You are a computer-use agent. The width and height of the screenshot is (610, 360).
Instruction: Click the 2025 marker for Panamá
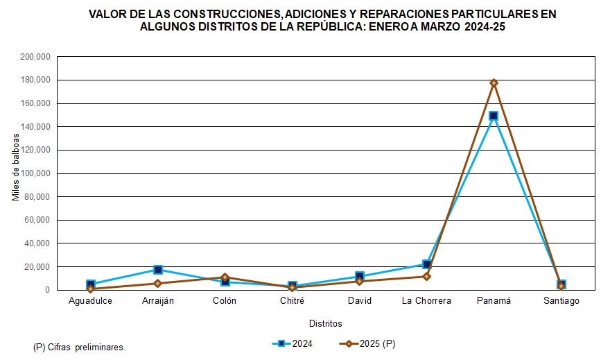click(494, 83)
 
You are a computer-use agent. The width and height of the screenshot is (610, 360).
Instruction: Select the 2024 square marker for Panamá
click(494, 116)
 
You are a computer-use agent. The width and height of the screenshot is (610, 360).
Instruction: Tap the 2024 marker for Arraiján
click(158, 270)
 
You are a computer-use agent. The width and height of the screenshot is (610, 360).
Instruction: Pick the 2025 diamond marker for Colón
click(225, 277)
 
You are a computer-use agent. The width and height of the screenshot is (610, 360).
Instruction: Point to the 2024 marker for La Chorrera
click(427, 264)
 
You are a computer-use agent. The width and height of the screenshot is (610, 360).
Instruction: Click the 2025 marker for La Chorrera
click(427, 277)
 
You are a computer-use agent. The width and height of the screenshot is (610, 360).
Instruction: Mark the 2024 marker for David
click(360, 277)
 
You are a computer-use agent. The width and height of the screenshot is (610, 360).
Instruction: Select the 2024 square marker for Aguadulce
click(91, 284)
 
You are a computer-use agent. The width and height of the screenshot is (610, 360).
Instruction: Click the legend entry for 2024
click(294, 343)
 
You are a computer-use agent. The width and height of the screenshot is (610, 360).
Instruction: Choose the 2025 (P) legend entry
click(367, 343)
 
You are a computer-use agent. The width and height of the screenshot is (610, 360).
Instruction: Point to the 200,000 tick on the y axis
click(36, 57)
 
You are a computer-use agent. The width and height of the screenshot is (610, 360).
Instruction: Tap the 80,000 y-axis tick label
click(38, 196)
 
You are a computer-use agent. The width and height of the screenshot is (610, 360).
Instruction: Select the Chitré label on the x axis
click(292, 301)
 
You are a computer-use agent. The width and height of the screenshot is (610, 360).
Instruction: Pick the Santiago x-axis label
click(561, 301)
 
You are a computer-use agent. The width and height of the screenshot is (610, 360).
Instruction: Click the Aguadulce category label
click(91, 301)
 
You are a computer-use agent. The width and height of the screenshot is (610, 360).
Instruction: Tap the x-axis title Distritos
click(325, 323)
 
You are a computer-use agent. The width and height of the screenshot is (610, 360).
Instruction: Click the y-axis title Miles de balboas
click(16, 166)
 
